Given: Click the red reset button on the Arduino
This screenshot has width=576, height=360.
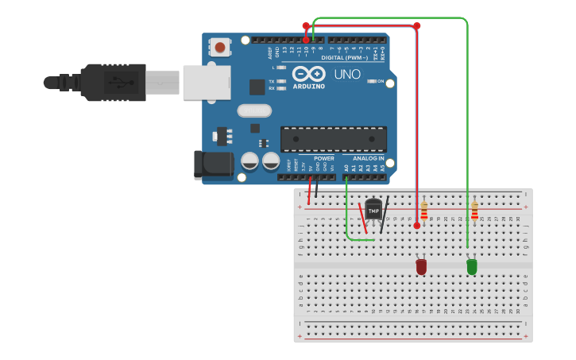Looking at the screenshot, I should pos(220,48).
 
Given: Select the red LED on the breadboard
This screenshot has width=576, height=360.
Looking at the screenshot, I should pos(421,267).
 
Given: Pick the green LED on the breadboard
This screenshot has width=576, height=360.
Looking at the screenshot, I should pos(472,267).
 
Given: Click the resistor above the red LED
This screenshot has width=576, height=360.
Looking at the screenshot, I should pos(424,211).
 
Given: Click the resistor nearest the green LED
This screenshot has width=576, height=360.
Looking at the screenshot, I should pos(475,211).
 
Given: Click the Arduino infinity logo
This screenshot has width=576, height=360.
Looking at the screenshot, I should pos(308,73).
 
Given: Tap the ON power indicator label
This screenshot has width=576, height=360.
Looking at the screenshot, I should pos(380,81).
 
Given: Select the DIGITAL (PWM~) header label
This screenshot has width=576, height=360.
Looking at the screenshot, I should pos(344,57).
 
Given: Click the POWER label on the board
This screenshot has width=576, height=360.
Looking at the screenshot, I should pos(324,158).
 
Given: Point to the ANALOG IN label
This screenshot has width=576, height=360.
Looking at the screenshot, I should pos(368,158).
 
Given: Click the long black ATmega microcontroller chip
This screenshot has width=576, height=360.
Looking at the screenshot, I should pos(334,139).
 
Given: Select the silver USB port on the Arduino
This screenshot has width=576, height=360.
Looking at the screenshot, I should pos(206,82).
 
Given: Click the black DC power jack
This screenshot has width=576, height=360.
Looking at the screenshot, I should pos(213,165).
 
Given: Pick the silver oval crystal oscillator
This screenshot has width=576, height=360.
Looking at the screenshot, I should pos(254,110).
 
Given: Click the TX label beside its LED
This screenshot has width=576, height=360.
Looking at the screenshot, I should pos(272,81).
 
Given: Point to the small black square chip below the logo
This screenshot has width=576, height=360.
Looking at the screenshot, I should pos(257,87).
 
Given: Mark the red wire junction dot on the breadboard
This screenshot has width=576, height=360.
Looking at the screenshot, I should pos(417,226).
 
